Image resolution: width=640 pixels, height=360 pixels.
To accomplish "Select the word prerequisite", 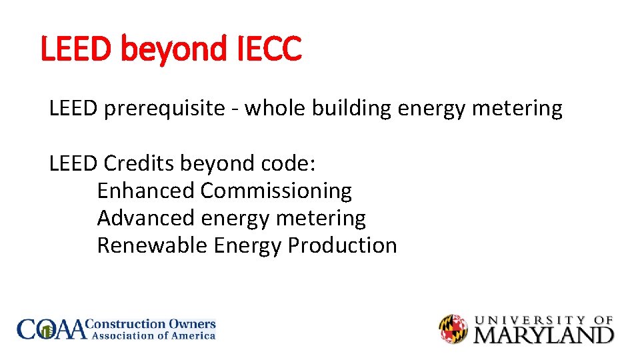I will [x=164, y=108].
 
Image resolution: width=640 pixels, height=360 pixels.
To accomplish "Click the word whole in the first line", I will [x=273, y=108].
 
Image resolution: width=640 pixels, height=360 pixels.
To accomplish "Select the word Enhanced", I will [x=146, y=191].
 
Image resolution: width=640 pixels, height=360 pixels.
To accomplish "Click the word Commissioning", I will [x=276, y=191].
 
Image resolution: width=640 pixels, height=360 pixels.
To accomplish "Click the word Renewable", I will [x=152, y=245].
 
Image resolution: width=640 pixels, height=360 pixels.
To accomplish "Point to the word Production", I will [x=342, y=245].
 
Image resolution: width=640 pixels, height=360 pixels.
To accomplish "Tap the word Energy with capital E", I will [x=247, y=245].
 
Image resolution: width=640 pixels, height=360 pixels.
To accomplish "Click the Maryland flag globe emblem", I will [x=453, y=329].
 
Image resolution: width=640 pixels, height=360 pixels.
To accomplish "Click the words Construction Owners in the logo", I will [x=153, y=325].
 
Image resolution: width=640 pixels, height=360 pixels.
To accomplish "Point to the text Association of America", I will [x=153, y=336].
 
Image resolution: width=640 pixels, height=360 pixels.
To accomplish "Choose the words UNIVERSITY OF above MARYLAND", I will [x=543, y=320].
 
